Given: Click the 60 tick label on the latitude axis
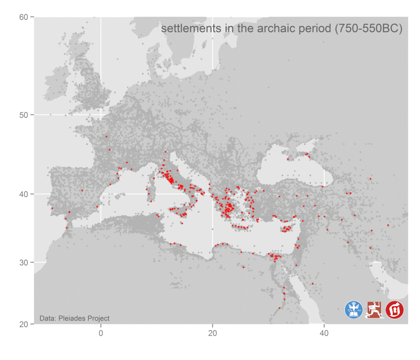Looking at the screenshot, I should tap(24, 17).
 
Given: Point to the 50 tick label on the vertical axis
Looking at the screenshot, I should tap(24, 115).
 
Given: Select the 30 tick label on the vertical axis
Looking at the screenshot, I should tap(24, 262).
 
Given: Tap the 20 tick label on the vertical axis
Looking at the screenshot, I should tap(24, 324).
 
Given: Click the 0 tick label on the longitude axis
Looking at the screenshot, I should tap(101, 333).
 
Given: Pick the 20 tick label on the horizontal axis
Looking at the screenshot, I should tap(212, 333).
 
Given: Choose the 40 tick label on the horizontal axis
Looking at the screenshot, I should tap(324, 333).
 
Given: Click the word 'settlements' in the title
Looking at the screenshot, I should tap(186, 29).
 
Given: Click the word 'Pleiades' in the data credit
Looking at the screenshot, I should tap(72, 318).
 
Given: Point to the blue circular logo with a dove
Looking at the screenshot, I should tap(354, 310).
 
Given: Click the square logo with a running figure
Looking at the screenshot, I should tap(375, 310).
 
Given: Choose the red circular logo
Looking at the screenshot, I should tap(395, 310).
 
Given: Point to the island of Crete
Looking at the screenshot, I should tap(241, 227).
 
